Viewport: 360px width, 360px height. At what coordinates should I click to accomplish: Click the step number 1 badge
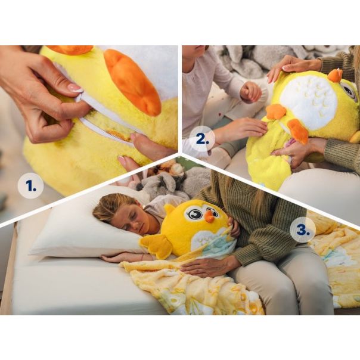click(x=30, y=185)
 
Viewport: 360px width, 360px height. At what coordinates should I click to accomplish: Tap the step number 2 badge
click(x=203, y=139)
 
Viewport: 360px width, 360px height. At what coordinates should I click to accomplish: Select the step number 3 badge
click(x=303, y=230)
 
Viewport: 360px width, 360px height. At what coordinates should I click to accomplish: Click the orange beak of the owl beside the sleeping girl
click(x=210, y=216)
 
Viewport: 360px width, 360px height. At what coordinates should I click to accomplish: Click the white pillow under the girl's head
click(x=87, y=232)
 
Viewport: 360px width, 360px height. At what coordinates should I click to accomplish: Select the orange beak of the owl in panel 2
click(x=335, y=75)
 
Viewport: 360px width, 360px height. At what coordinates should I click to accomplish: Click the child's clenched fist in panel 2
click(x=251, y=92)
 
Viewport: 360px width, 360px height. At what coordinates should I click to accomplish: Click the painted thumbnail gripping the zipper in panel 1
click(x=75, y=88)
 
